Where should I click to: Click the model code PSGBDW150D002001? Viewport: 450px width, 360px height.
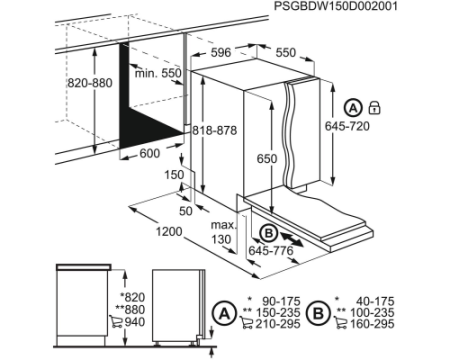point(336,6)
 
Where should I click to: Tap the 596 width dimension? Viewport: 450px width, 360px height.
point(221,52)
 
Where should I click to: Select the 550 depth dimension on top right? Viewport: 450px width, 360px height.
point(286,52)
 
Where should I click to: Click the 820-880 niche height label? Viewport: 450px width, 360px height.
point(90,83)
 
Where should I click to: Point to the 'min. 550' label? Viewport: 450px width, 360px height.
point(158,73)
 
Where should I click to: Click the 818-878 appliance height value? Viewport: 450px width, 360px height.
point(215,130)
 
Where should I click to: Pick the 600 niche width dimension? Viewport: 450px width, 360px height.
point(150,153)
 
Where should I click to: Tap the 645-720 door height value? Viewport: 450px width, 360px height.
point(347,126)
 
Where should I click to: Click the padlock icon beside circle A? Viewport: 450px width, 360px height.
point(375,108)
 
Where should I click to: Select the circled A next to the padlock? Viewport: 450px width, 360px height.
point(353,108)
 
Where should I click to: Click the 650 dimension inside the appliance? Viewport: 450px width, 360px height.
point(267,159)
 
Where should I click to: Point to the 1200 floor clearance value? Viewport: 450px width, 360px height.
point(169,231)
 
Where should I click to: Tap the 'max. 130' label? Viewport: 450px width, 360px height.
point(224,232)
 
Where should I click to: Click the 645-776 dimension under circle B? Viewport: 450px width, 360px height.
point(271,250)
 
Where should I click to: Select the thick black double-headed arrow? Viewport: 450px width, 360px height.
point(292,240)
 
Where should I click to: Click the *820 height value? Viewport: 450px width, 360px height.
point(132,297)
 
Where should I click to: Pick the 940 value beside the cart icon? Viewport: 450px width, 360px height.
point(135,322)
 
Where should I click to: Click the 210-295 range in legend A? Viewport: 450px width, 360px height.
point(278,324)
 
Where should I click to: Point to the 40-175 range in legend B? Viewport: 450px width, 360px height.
point(375,301)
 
